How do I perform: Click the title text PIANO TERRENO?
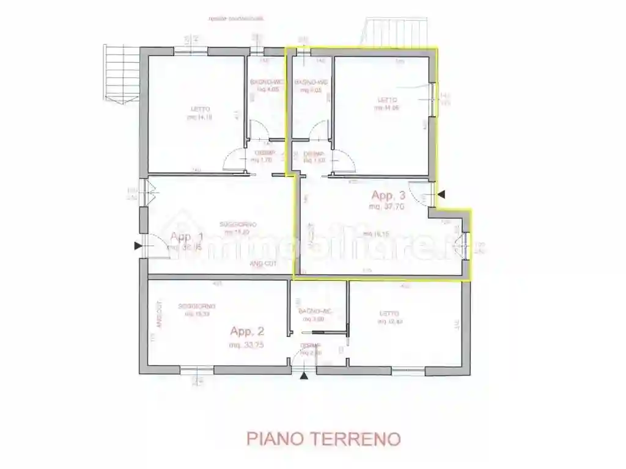coord(323,438)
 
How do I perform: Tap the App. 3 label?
coord(389,195)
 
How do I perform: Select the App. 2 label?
coord(247,332)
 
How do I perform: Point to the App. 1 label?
coord(186,237)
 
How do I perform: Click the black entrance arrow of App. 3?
coord(441,194)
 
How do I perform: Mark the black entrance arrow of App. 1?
coord(138,246)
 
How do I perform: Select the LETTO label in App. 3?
coord(386,100)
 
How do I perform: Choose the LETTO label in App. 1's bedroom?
coord(201,109)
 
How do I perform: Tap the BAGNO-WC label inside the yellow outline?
coord(311,82)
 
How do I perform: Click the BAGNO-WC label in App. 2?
coord(315,311)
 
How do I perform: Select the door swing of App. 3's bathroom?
coord(319,131)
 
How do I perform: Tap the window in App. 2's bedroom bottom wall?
coord(408,370)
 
